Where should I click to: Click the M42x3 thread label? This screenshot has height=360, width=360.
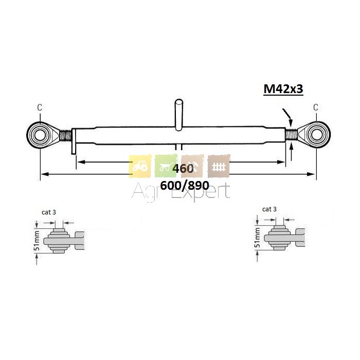coord(283,89)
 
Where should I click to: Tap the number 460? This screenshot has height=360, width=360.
coord(183,169)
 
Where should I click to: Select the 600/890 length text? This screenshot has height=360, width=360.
coord(185,186)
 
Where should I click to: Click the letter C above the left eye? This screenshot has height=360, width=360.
coord(40,107)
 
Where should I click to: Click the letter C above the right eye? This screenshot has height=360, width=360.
coord(316,107)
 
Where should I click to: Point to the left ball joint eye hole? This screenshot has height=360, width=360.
coord(40,135)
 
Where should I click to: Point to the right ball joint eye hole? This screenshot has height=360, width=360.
coord(317,135)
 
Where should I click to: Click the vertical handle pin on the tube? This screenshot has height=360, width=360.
coord(179,115)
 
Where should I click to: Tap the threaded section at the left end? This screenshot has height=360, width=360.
coord(66,135)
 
